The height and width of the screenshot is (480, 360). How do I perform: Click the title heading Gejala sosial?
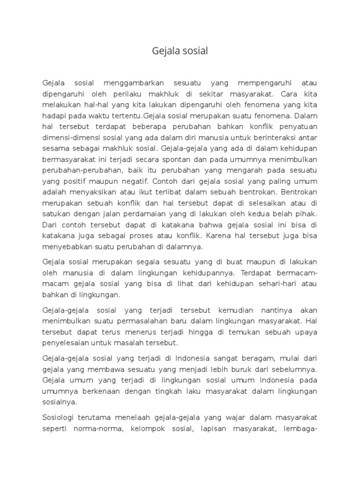point(180,51)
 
